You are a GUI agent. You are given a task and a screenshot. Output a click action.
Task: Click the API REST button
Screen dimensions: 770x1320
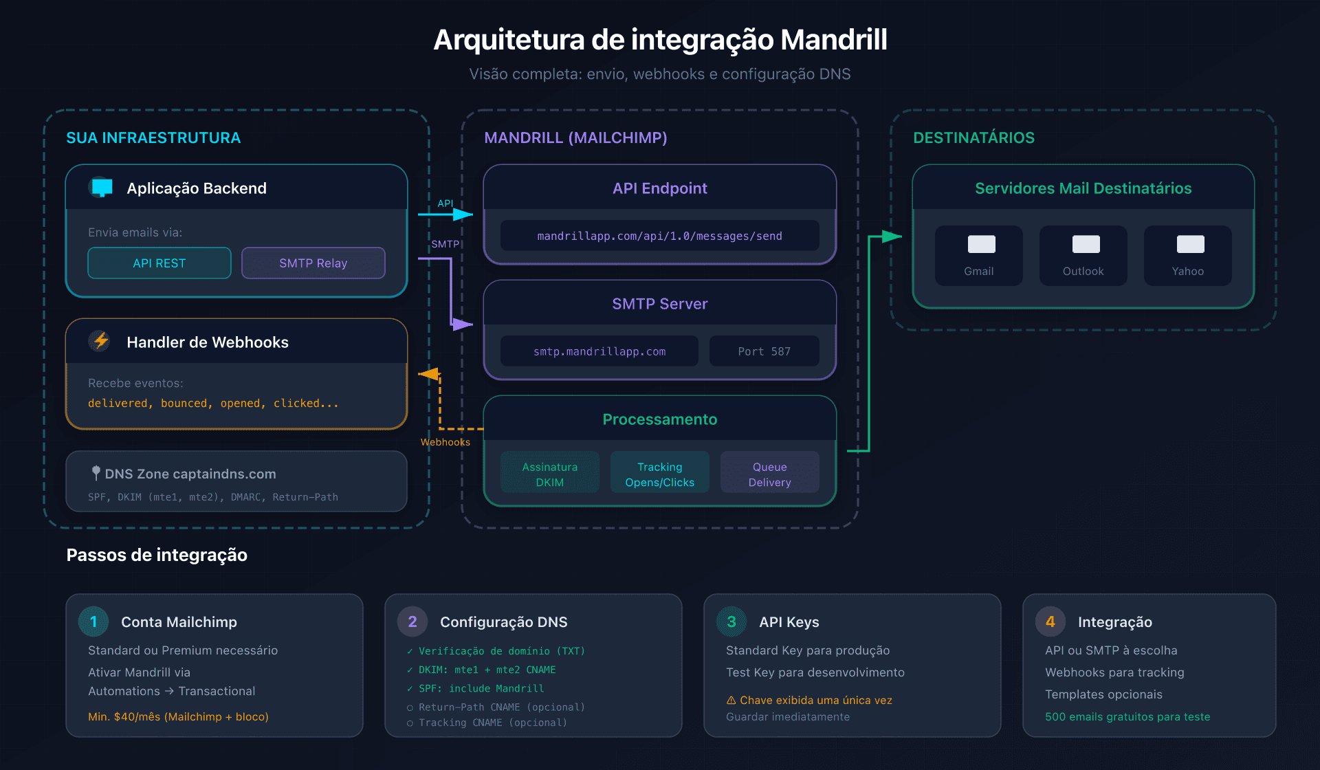click(x=159, y=263)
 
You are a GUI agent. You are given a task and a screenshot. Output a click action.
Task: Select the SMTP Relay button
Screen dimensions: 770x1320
click(x=313, y=263)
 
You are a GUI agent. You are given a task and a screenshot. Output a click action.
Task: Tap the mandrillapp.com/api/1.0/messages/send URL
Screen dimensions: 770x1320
click(x=659, y=236)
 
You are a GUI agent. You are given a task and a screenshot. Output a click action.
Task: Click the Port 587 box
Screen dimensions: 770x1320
click(x=764, y=351)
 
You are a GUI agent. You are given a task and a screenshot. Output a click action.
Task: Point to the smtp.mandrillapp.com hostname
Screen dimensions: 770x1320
click(x=599, y=351)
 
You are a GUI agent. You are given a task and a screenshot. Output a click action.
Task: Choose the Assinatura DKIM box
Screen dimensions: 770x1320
click(x=549, y=474)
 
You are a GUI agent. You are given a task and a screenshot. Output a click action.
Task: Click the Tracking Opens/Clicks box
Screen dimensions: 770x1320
click(x=659, y=474)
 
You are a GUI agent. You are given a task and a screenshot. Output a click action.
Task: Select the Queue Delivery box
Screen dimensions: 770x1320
click(x=769, y=474)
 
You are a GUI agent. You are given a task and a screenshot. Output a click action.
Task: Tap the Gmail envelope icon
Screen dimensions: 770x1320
click(x=981, y=244)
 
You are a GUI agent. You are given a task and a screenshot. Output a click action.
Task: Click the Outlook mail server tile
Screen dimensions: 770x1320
click(x=1083, y=256)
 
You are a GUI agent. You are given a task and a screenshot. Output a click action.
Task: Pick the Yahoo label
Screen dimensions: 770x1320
click(x=1187, y=272)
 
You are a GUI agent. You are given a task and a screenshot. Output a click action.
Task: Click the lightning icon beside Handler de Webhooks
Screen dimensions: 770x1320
click(x=101, y=341)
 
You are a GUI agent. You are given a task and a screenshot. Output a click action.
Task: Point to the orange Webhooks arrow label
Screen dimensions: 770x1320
click(x=445, y=442)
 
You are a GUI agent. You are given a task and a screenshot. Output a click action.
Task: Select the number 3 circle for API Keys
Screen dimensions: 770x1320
click(x=731, y=621)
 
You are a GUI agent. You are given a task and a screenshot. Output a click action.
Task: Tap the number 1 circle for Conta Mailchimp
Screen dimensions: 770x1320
click(x=93, y=621)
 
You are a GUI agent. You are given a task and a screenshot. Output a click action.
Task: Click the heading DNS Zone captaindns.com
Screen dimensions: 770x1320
click(x=190, y=474)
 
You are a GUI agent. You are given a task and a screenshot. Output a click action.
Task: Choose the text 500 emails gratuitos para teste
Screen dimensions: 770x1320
click(x=1127, y=716)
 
